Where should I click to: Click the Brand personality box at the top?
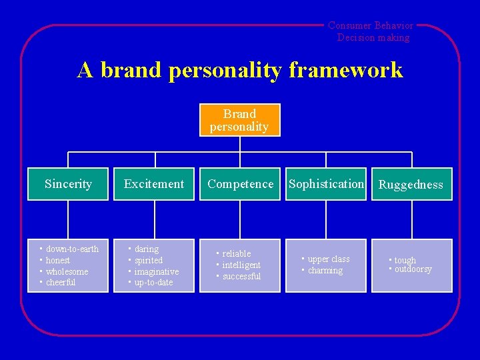[x=239, y=120]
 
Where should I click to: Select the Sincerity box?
[x=68, y=184]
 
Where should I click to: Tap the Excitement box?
[x=154, y=184]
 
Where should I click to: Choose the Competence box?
[x=240, y=184]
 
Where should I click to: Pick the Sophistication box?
[x=326, y=184]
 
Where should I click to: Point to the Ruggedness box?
[x=411, y=185]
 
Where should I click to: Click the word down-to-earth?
[x=72, y=249]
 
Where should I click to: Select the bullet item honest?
[x=58, y=261]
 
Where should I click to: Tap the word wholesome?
[x=67, y=272]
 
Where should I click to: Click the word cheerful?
[x=61, y=283]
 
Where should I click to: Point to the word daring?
[x=147, y=249]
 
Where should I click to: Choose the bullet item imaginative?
[x=157, y=272]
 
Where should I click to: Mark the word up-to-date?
[x=153, y=283]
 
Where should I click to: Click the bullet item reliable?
[x=237, y=254]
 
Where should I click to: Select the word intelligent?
[x=241, y=265]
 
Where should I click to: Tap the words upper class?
[x=329, y=259]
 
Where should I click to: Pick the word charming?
[x=325, y=271]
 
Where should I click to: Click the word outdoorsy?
[x=413, y=270]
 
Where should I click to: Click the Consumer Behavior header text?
[x=371, y=26]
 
